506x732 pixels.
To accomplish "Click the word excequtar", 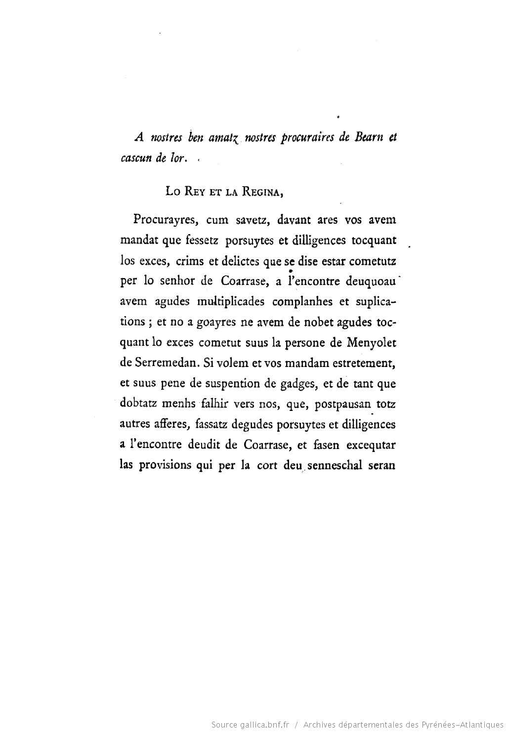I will (x=371, y=445).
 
